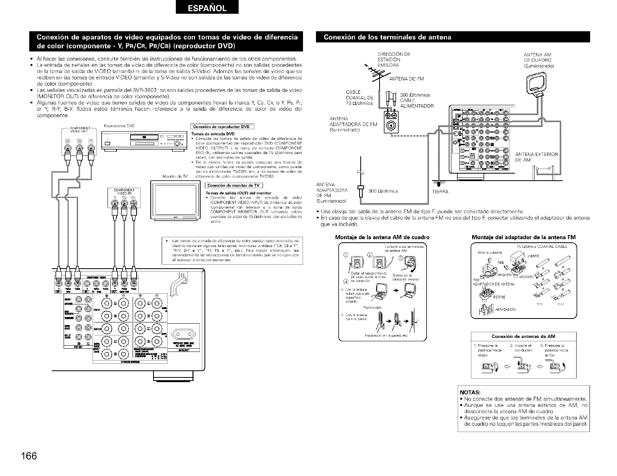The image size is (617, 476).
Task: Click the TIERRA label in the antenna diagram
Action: click(440, 192)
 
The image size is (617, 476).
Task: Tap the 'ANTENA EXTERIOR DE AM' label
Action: click(536, 157)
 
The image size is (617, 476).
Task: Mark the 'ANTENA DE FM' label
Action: click(406, 79)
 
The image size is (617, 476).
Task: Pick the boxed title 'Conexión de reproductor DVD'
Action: click(222, 126)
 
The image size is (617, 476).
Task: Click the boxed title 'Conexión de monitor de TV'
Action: click(234, 185)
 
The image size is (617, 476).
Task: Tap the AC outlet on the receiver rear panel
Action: click(184, 334)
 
